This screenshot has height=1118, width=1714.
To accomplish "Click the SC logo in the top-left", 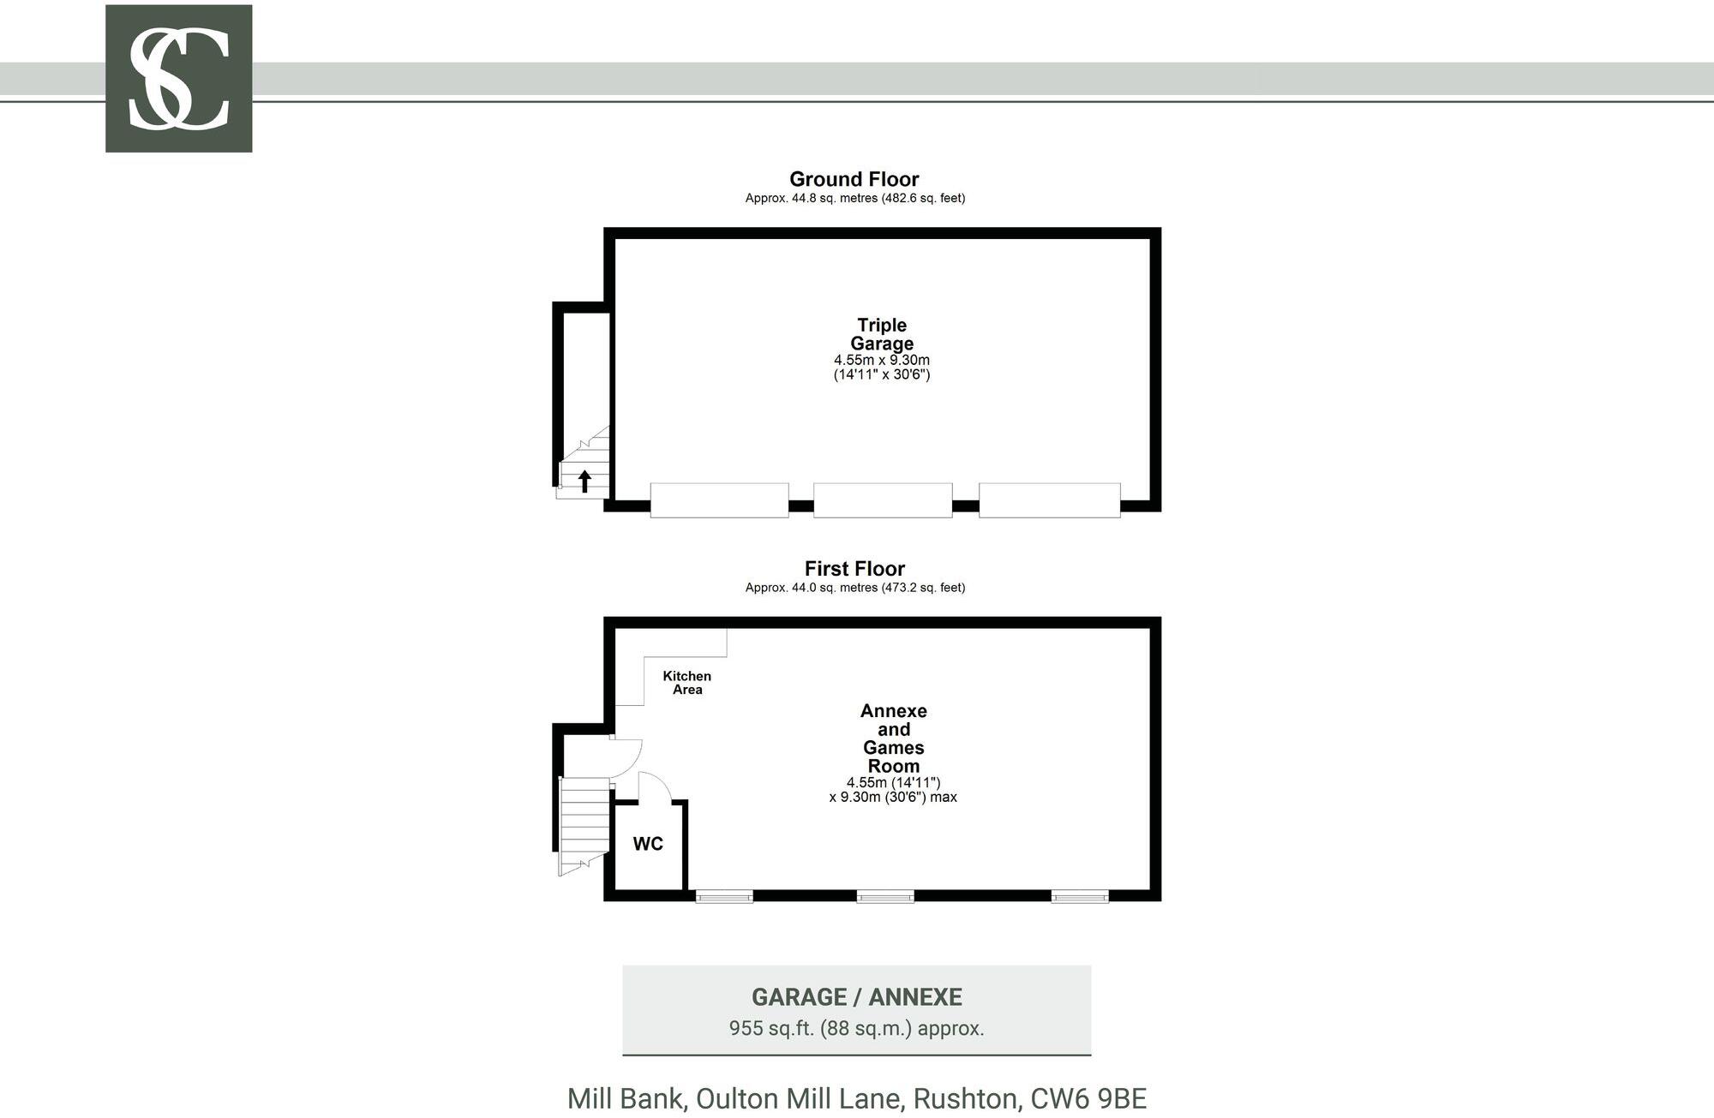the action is point(178,79).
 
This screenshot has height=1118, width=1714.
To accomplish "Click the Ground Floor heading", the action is point(854,179).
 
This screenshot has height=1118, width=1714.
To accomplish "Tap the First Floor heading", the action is point(854,569).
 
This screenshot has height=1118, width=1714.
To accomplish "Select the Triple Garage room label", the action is point(882,334).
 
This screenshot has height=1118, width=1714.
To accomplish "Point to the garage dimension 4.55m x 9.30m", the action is point(882,360).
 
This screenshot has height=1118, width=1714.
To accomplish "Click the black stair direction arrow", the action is point(584,481).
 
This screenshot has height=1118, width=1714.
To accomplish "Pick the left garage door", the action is point(719,500).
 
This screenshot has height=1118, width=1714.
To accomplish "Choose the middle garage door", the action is point(883,500).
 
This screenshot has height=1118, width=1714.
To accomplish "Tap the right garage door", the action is point(1050,500).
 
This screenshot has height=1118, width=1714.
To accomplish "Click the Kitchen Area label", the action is point(687,683).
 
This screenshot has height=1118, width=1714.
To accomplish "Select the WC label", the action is point(648,844).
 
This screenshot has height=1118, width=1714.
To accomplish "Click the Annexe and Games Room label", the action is point(894,738).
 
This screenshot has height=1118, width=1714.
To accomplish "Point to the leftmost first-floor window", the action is point(724,896).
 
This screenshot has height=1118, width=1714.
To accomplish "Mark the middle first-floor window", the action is point(885,896).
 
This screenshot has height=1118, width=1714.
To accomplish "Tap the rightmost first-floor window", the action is point(1080,896).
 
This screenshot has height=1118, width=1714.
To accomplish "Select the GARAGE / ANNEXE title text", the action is point(857,997).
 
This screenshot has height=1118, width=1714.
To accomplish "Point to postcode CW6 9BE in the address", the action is point(1088,1098).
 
